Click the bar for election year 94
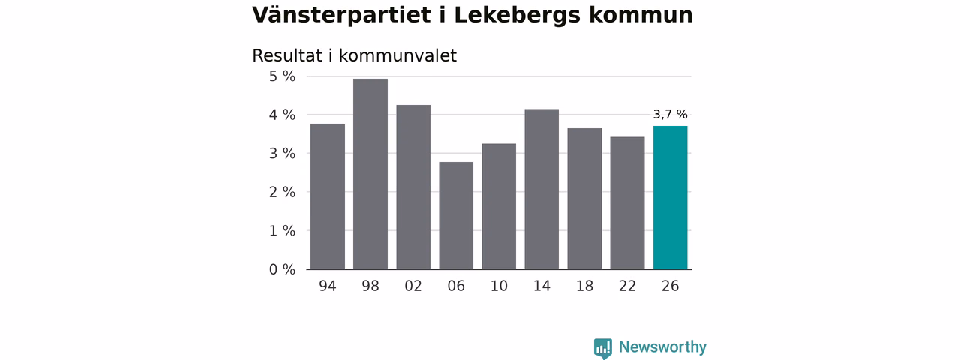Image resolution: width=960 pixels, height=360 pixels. click(328, 196)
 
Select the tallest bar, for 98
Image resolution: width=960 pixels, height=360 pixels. click(370, 174)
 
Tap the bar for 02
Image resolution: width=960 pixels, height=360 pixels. click(413, 187)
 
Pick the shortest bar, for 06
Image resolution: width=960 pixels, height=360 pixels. click(456, 215)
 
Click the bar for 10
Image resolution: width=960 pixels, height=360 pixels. click(499, 206)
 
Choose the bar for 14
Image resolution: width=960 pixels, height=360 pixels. click(541, 189)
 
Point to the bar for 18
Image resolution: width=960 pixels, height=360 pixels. click(584, 199)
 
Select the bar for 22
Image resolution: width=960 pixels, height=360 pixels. click(628, 203)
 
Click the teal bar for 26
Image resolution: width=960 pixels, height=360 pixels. click(670, 197)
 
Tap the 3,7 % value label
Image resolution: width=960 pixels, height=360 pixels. click(670, 115)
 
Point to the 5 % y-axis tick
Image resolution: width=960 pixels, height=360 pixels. click(282, 76)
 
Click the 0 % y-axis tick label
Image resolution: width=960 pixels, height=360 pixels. click(282, 269)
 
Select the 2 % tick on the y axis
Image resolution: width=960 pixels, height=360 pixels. click(282, 193)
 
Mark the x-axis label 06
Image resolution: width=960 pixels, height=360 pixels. click(456, 286)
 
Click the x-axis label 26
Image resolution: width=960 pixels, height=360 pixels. click(670, 286)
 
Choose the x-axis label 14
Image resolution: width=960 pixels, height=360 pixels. click(541, 286)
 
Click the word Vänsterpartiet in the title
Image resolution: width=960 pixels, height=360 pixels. click(341, 16)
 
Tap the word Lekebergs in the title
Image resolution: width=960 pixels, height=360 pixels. click(517, 16)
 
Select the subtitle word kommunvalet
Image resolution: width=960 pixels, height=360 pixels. click(397, 55)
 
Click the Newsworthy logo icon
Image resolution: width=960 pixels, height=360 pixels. click(602, 348)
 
